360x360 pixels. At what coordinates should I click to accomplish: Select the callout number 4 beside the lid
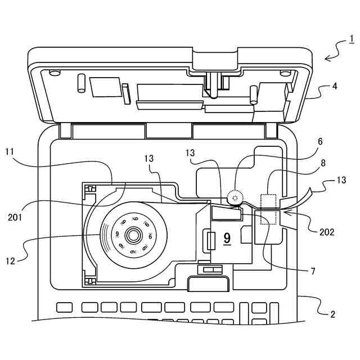(x=335, y=86)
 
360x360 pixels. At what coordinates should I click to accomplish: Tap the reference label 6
(x=320, y=141)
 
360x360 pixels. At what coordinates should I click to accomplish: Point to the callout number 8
(x=323, y=163)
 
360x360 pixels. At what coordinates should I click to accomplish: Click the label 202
(x=327, y=232)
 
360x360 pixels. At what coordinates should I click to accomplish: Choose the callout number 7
(x=313, y=271)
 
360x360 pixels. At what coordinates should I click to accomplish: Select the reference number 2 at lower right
(x=332, y=314)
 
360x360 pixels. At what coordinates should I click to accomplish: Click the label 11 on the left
(x=10, y=152)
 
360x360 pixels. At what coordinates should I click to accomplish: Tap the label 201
(x=15, y=217)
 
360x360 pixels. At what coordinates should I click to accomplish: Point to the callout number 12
(x=10, y=261)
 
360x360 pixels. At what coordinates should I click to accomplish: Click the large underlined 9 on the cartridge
(x=227, y=238)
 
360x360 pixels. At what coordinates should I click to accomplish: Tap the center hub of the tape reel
(x=133, y=235)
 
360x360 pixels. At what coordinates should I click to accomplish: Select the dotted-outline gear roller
(x=235, y=197)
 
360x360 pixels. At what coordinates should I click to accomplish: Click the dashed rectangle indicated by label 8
(x=268, y=209)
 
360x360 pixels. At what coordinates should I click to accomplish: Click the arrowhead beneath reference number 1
(x=328, y=58)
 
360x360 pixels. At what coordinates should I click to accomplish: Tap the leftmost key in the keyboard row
(x=65, y=308)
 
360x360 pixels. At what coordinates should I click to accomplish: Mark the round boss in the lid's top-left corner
(x=55, y=73)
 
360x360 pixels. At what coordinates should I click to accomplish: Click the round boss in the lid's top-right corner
(x=285, y=73)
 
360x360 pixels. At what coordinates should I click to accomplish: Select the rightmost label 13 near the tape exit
(x=341, y=180)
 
